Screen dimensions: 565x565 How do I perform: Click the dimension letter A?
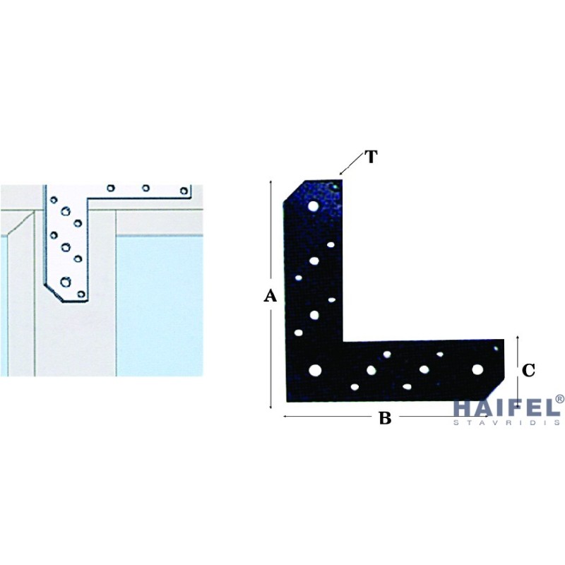[270, 296]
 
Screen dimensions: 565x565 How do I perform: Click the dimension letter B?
[385, 418]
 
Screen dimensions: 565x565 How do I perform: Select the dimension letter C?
[528, 370]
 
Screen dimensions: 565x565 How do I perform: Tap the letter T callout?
[371, 157]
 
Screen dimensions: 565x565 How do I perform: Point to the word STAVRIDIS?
[506, 422]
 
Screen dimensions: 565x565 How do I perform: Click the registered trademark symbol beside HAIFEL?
[560, 399]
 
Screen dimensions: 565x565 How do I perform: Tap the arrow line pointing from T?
[352, 164]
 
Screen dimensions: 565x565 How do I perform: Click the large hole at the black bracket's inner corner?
[315, 370]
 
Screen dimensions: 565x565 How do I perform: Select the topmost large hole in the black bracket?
[314, 206]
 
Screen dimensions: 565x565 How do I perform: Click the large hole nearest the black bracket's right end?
[477, 369]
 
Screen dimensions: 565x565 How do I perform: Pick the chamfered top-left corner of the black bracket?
[295, 191]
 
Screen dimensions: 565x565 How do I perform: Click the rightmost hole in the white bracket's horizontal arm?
[184, 191]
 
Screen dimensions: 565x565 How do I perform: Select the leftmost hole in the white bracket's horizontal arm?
[111, 188]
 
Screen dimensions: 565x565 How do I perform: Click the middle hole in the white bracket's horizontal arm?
[145, 188]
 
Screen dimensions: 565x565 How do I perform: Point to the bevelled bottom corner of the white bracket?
[54, 293]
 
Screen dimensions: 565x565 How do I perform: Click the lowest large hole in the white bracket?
[65, 282]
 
